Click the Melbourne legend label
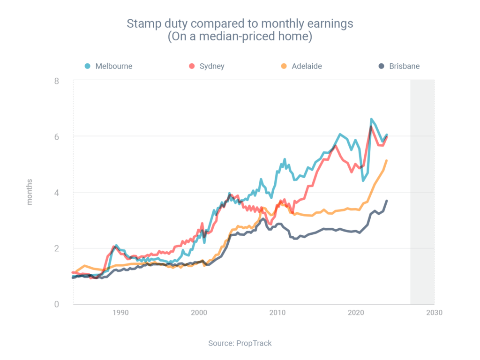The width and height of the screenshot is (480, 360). pos(114,66)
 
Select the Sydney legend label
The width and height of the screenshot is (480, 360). pos(212,66)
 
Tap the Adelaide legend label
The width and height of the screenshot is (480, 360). pos(307,66)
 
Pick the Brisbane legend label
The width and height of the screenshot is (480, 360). pos(404,66)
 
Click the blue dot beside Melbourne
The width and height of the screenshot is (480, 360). pos(88,66)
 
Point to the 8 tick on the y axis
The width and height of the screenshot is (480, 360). pos(56,81)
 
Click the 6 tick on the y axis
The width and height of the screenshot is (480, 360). pos(56,136)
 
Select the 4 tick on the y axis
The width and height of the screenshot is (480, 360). pos(56,192)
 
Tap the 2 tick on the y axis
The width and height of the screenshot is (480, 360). pos(56,248)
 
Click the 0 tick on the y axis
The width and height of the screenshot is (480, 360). pos(56,304)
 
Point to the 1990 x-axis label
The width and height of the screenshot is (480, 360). pos(120,313)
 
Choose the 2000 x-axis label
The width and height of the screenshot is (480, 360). pos(199,313)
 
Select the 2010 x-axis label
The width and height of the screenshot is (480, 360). pos(277,313)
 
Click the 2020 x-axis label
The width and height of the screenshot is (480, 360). pos(356,313)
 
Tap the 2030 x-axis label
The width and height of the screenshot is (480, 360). pos(434,313)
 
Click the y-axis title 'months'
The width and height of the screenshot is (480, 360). pos(30,192)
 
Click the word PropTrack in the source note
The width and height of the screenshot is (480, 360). pos(254,343)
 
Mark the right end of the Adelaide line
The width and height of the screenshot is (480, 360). pos(386,161)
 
